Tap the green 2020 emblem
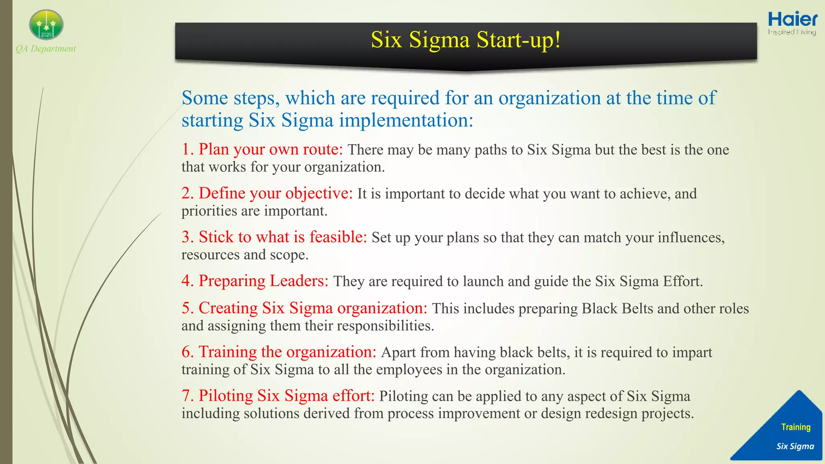click(46, 25)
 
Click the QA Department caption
click(46, 49)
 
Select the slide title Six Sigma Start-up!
click(465, 40)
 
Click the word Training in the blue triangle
click(796, 427)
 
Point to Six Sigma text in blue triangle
click(795, 446)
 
